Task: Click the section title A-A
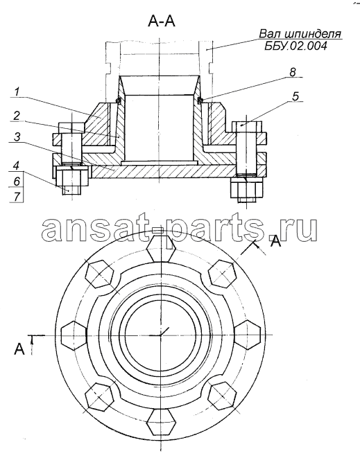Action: (162, 21)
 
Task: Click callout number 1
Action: (17, 92)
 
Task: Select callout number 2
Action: (16, 116)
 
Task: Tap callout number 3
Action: (16, 136)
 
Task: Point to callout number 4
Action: (16, 166)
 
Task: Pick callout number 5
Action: (295, 96)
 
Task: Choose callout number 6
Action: (17, 181)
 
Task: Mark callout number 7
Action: (17, 197)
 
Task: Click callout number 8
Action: (293, 72)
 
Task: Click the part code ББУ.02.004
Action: (295, 46)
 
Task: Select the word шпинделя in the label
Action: (313, 35)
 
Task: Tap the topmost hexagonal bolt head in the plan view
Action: (161, 248)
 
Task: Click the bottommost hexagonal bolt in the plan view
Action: (162, 422)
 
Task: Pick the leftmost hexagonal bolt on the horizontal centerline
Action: (74, 335)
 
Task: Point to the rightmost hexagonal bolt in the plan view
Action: (248, 335)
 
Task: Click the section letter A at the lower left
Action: (19, 349)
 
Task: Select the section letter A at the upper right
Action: (275, 241)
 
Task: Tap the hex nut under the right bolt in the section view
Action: (247, 188)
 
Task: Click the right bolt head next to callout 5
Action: (248, 127)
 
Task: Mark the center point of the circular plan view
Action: (161, 335)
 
